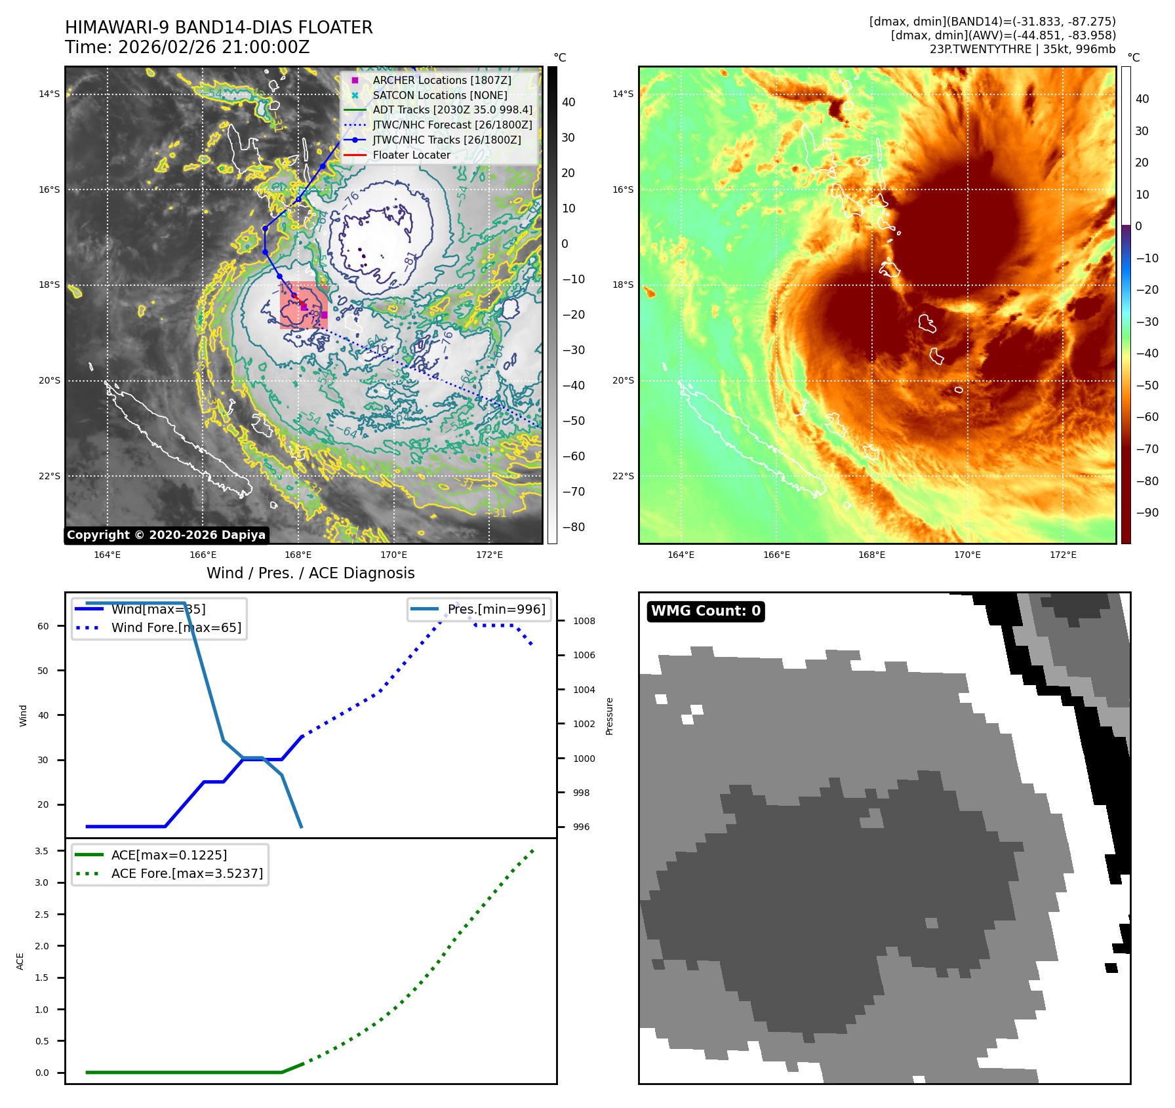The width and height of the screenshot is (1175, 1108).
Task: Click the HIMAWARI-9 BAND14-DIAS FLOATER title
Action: click(218, 28)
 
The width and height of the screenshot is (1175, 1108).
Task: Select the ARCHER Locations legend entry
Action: click(441, 80)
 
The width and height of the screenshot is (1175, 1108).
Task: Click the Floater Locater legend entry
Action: click(411, 155)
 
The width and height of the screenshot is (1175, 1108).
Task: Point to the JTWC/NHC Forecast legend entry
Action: click(452, 125)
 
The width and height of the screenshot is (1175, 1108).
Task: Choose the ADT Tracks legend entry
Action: click(452, 109)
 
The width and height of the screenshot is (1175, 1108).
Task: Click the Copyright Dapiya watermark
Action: click(166, 535)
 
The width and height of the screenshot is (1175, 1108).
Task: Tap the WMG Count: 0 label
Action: click(706, 611)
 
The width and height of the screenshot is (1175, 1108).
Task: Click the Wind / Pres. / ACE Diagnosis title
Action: click(310, 573)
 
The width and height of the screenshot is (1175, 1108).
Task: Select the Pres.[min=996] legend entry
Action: click(496, 609)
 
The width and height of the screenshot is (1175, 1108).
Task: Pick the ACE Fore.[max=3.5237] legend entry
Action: click(187, 873)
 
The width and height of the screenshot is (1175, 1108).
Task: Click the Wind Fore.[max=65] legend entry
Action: click(176, 627)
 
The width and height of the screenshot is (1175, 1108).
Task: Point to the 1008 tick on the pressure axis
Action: click(584, 621)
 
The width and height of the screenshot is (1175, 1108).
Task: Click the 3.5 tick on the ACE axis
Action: click(42, 851)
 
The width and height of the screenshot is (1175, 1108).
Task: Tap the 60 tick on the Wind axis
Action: click(43, 626)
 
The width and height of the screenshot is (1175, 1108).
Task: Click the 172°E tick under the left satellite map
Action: click(489, 555)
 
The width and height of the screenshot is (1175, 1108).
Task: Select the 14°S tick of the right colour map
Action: click(623, 94)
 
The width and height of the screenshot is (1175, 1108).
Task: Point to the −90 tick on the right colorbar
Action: click(1147, 513)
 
